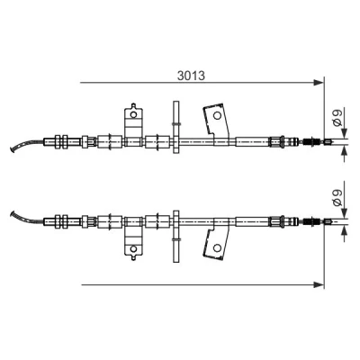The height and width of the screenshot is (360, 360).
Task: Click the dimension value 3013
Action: [x=191, y=76]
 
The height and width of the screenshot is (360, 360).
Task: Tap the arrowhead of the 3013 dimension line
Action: [x=318, y=83]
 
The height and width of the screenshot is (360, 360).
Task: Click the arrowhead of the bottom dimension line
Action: [x=318, y=284]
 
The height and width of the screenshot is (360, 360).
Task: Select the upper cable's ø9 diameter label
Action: [x=337, y=118]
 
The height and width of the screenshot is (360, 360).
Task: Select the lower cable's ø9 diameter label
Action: [x=337, y=198]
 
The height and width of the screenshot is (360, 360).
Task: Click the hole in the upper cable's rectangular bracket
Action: [x=133, y=114]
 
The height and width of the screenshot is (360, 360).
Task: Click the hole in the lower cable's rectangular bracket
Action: [x=133, y=248]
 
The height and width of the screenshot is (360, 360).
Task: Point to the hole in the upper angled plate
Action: [x=217, y=115]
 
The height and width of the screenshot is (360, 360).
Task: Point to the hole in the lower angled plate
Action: [x=217, y=247]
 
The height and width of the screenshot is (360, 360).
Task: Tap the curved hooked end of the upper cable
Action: [x=25, y=144]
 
